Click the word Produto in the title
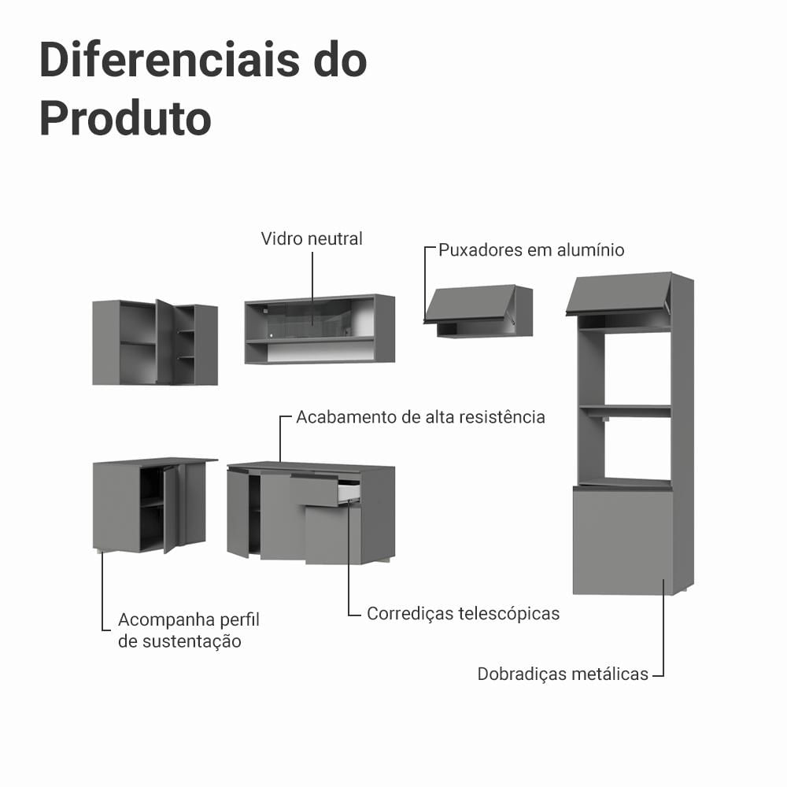pyautogui.click(x=125, y=119)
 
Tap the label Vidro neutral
pyautogui.click(x=312, y=238)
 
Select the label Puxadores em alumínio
pyautogui.click(x=531, y=250)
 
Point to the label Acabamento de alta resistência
pyautogui.click(x=420, y=417)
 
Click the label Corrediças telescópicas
pyautogui.click(x=464, y=613)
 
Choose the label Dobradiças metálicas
pyautogui.click(x=563, y=674)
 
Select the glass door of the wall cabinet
pyautogui.click(x=309, y=320)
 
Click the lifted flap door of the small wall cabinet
pyautogui.click(x=470, y=303)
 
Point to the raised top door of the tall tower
pyautogui.click(x=619, y=294)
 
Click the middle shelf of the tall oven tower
pyautogui.click(x=625, y=411)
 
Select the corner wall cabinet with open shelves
pyautogui.click(x=155, y=342)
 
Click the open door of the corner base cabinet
pyautogui.click(x=171, y=509)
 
